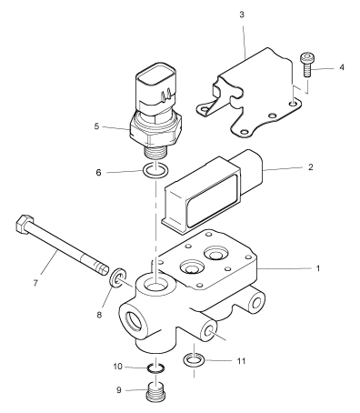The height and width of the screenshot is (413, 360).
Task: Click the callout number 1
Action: [x=318, y=268]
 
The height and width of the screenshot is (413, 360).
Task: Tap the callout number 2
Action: [x=310, y=166]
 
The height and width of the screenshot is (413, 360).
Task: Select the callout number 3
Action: [x=242, y=15]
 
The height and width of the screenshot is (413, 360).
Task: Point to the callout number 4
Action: [x=342, y=67]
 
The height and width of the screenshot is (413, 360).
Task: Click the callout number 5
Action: [x=96, y=126]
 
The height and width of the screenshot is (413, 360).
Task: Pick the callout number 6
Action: [x=98, y=173]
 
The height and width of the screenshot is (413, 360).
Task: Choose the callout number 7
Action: [x=35, y=283]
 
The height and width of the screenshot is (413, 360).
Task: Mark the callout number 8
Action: [x=99, y=315]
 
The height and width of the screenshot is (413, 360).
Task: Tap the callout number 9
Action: [x=119, y=390]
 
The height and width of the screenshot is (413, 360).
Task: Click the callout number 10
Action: [x=117, y=367]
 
